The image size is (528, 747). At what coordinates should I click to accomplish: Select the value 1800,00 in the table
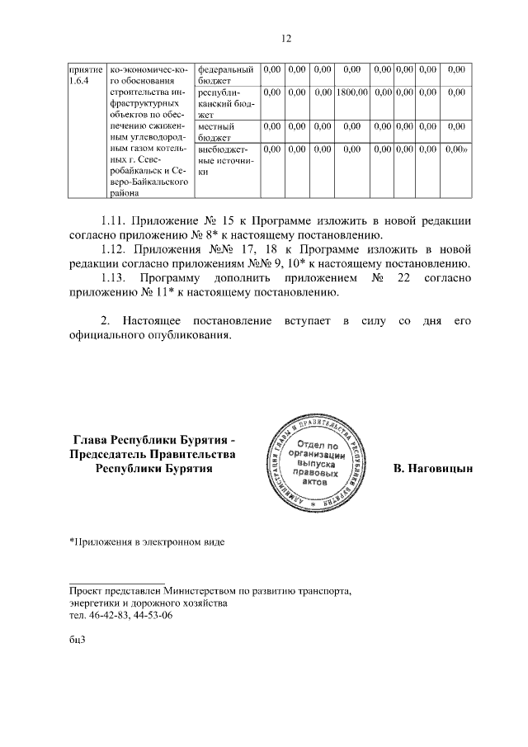[351, 92]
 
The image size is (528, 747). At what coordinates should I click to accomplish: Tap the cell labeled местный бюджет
[217, 132]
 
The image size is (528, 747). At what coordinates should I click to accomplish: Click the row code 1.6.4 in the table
[80, 81]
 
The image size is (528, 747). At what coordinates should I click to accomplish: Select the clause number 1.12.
[116, 249]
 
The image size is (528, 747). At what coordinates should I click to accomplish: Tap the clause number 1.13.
[116, 278]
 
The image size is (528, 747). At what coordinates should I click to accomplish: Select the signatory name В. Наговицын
[433, 469]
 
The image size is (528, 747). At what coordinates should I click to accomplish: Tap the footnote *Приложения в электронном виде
[146, 542]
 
